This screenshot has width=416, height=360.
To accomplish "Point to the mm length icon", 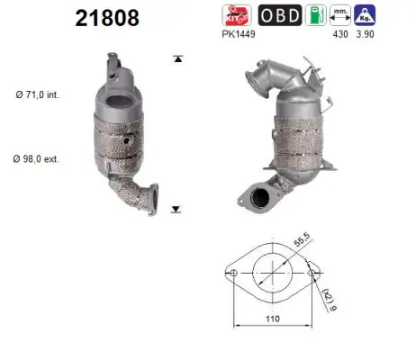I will [x=340, y=15].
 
